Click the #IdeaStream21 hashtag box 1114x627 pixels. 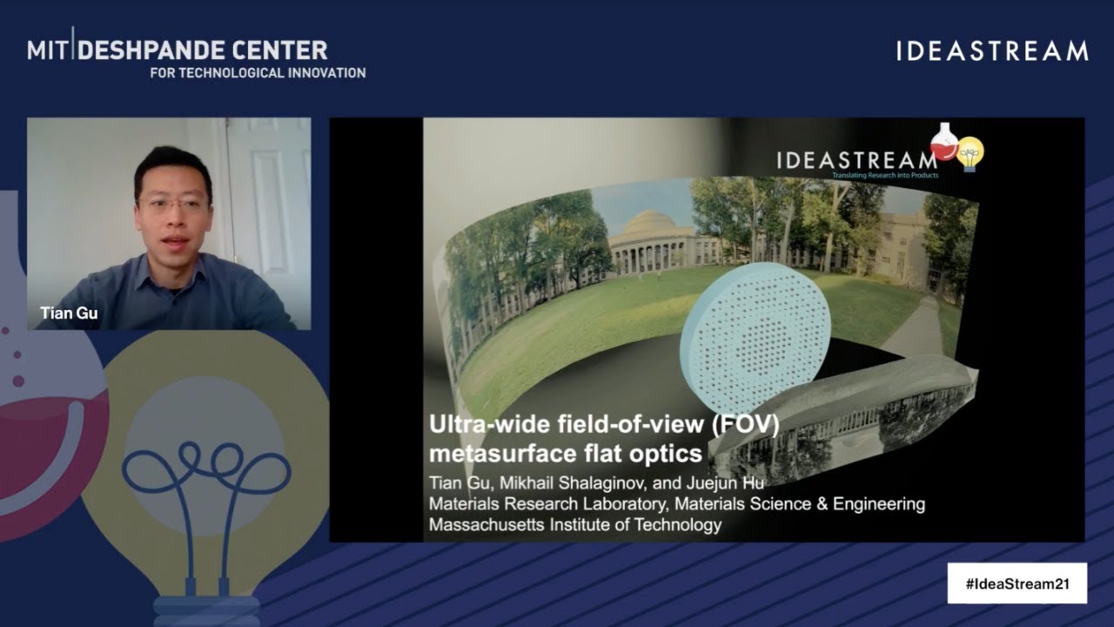click(x=1017, y=583)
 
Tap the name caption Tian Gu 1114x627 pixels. click(x=69, y=313)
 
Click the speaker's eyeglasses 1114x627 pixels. click(x=174, y=206)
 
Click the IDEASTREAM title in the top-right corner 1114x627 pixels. click(x=992, y=51)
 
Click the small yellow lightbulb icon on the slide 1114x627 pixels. click(x=970, y=153)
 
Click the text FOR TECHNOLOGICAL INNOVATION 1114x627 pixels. click(x=258, y=73)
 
